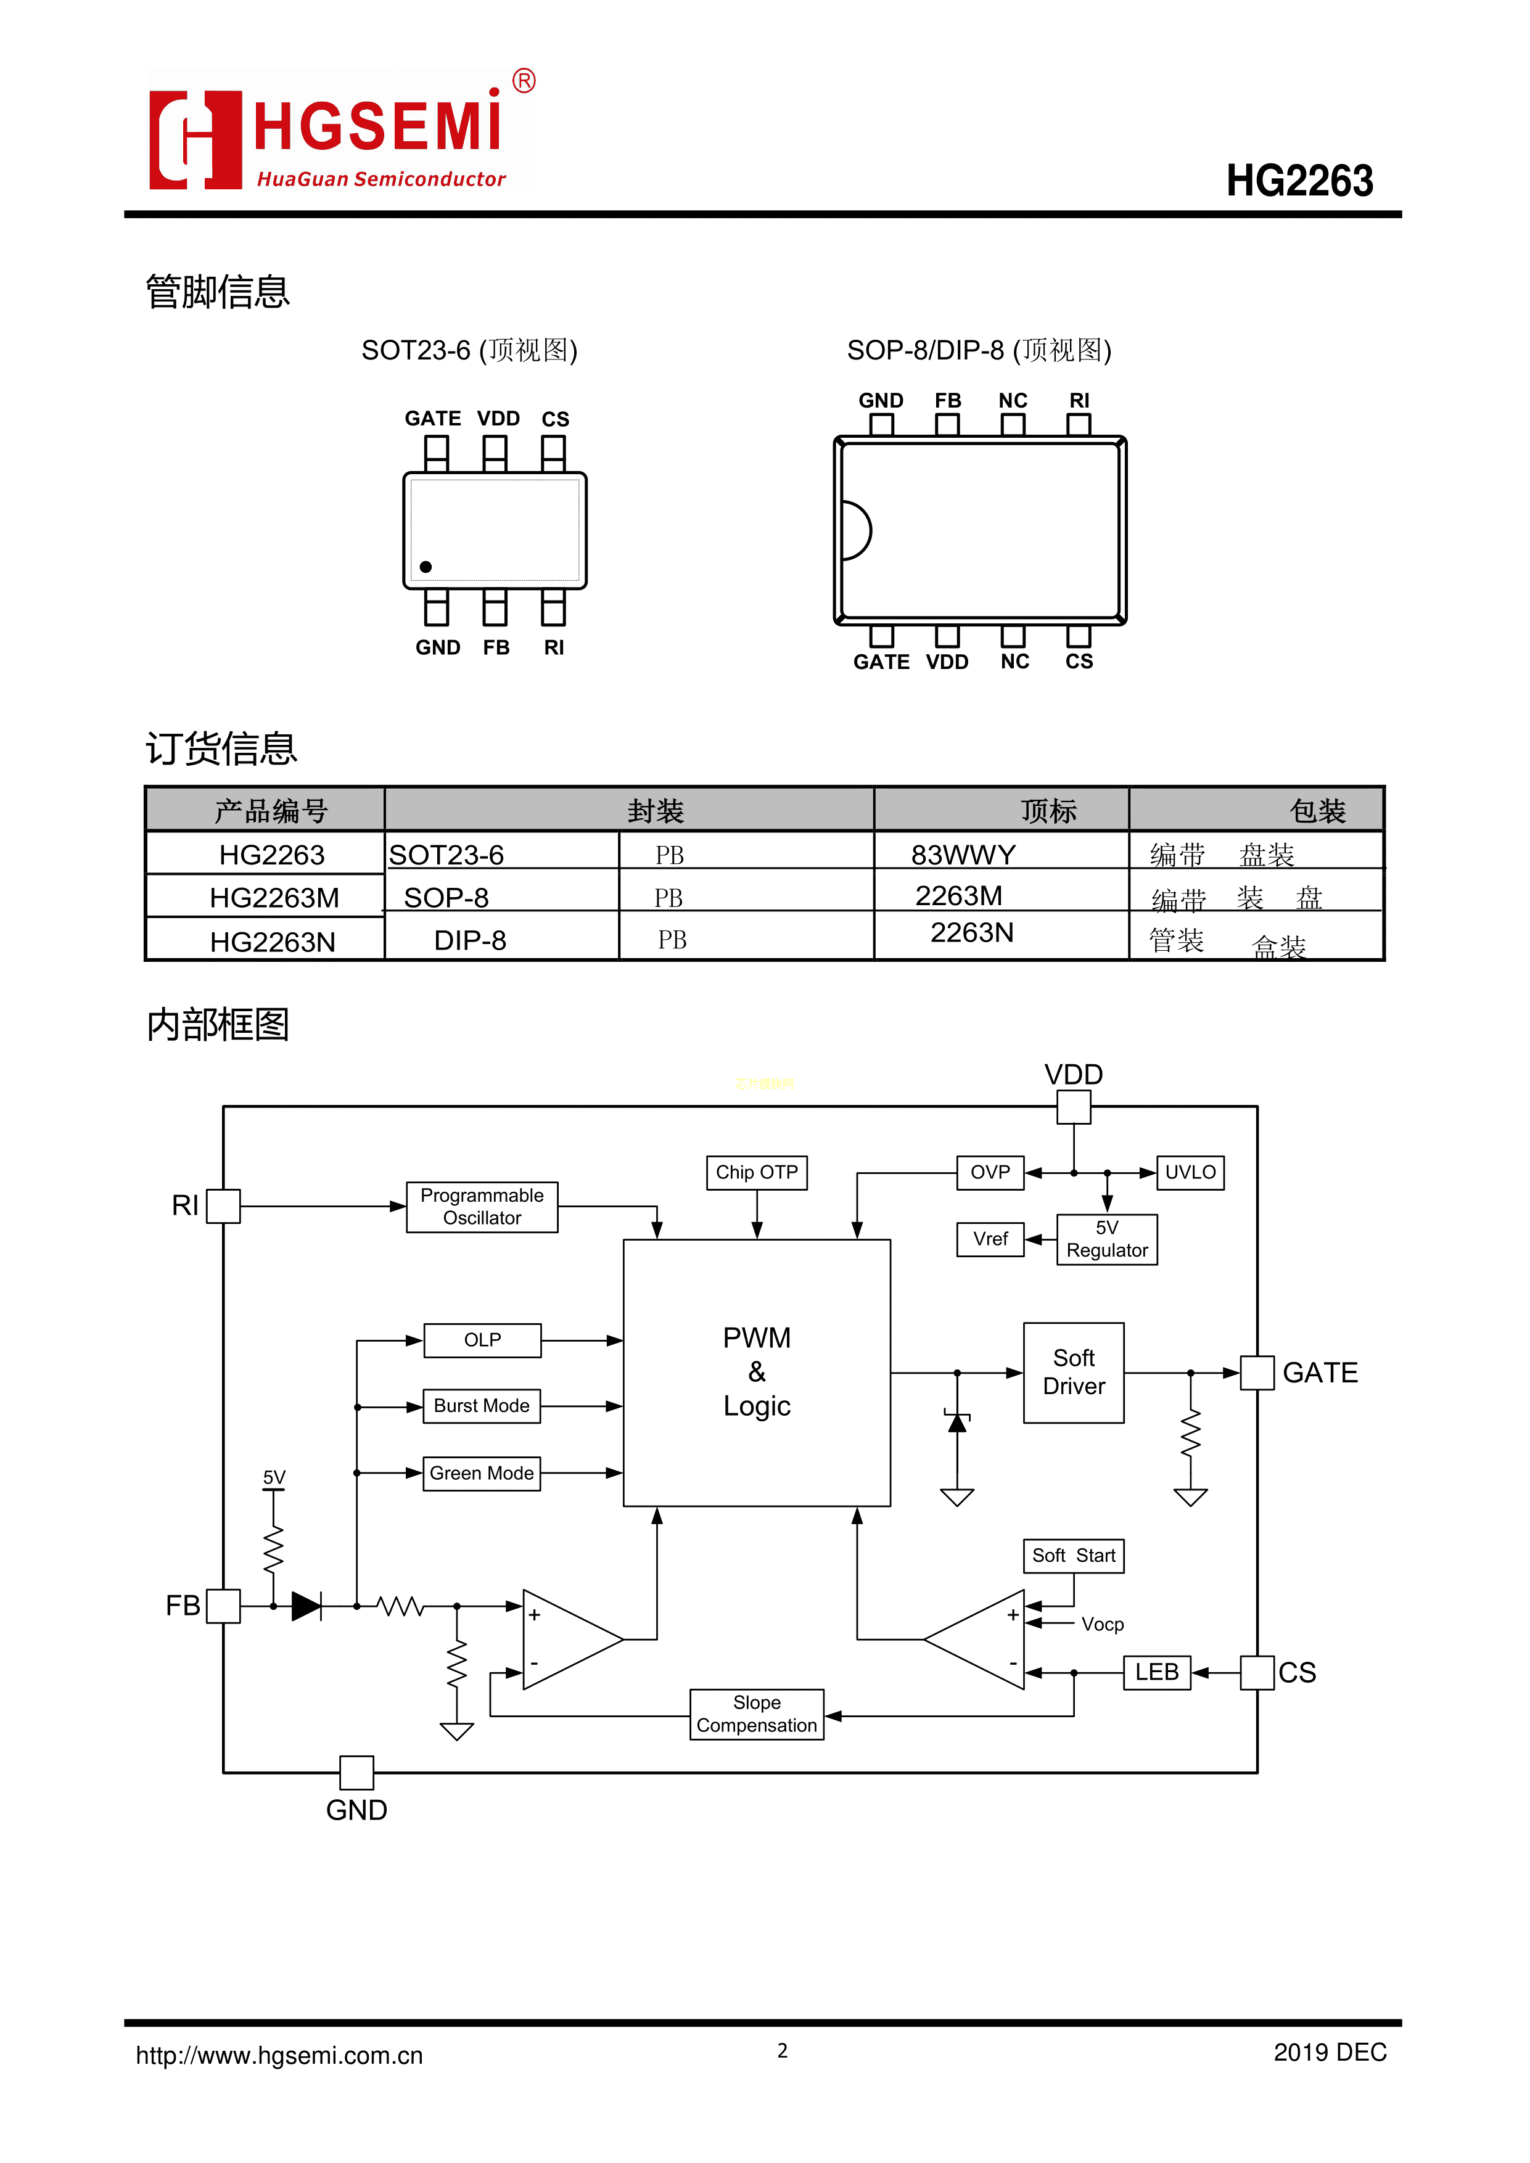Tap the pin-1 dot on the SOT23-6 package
tap(426, 567)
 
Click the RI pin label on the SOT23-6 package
tap(554, 648)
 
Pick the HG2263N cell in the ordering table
tap(273, 941)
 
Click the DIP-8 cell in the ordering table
tap(469, 940)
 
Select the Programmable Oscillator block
tap(482, 1207)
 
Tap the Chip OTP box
tap(757, 1172)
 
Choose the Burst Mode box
tap(482, 1406)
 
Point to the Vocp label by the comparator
tap(1102, 1624)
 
